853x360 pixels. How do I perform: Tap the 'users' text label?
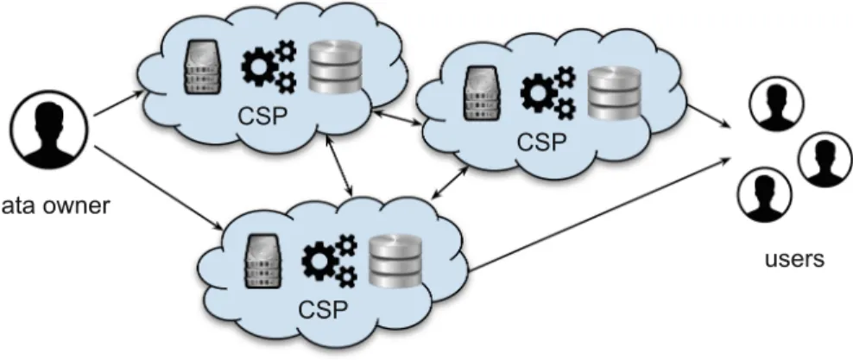(794, 258)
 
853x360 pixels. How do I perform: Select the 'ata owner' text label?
(55, 206)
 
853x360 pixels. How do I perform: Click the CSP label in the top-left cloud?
(263, 116)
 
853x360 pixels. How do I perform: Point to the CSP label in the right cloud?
(542, 142)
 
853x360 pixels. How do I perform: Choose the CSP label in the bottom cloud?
(323, 309)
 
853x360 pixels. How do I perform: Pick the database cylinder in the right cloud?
(615, 93)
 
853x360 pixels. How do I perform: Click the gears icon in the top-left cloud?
(269, 66)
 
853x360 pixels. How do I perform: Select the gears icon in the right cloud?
(548, 93)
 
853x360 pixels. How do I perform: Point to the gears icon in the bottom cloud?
(329, 261)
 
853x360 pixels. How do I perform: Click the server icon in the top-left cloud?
(202, 66)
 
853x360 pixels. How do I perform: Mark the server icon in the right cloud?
(482, 93)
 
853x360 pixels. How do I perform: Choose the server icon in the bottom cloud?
(263, 261)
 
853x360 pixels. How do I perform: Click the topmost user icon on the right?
(776, 104)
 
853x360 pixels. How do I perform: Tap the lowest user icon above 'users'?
(764, 195)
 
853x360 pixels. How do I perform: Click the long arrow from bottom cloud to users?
(599, 214)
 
